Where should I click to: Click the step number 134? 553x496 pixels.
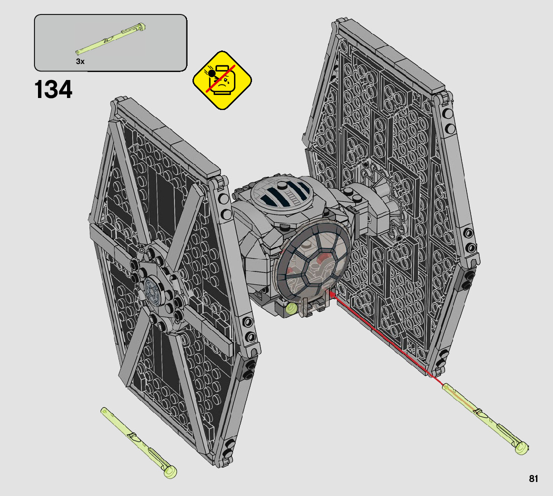point(53,89)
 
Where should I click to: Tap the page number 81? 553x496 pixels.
point(533,478)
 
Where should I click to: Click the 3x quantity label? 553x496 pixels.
point(80,61)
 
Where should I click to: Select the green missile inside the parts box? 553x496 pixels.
point(110,39)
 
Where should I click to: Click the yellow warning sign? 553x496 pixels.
point(222,80)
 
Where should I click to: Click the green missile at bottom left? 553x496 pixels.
point(138,442)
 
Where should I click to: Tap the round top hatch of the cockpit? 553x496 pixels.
point(281,193)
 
